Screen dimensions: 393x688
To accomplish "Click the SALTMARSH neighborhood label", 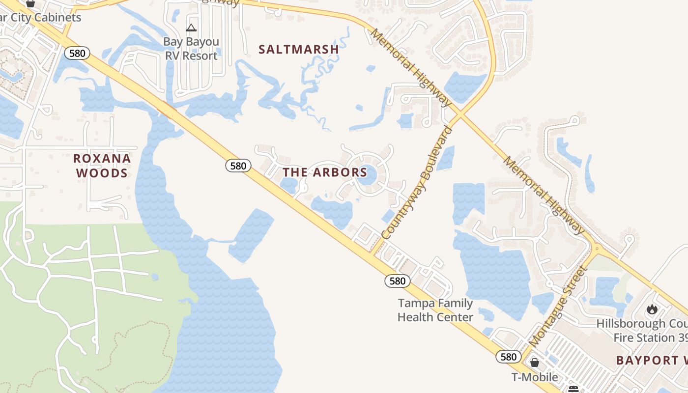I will click(x=299, y=50).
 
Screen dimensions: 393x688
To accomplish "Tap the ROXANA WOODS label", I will click(x=102, y=166).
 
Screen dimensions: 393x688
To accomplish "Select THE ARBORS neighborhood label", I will click(x=325, y=172).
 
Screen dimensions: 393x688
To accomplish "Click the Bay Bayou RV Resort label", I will click(x=191, y=49).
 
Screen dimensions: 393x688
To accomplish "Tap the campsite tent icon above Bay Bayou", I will click(x=191, y=28).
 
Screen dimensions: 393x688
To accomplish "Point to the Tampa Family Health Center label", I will click(x=435, y=310).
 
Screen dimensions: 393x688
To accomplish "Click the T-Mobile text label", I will click(x=534, y=377).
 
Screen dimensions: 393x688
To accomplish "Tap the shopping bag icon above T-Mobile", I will click(x=534, y=363).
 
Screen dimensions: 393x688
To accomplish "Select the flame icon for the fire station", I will click(x=652, y=309).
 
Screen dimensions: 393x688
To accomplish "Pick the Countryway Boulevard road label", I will click(x=417, y=183).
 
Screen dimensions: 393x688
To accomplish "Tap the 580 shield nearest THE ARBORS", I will click(x=238, y=166).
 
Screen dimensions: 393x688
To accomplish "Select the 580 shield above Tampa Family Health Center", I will click(x=397, y=281).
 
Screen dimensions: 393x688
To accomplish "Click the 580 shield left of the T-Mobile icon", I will click(x=508, y=357).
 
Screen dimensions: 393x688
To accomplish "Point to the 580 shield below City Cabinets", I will click(x=77, y=53).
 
